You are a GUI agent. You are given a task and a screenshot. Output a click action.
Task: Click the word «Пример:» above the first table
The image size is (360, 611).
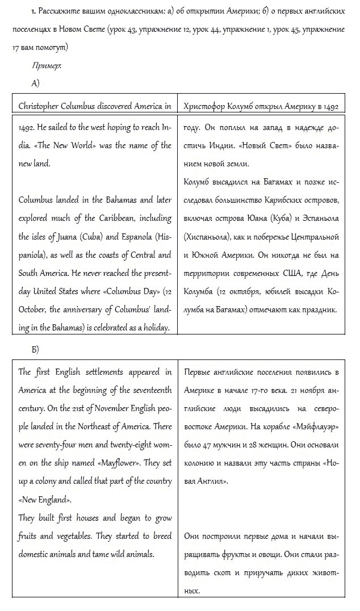[x=47, y=66]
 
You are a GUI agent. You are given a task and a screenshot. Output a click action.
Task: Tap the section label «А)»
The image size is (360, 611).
[x=35, y=83]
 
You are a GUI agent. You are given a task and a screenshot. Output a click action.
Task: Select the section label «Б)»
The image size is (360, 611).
[x=35, y=349]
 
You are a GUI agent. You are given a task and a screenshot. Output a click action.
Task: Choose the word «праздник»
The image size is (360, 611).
[x=319, y=310]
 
